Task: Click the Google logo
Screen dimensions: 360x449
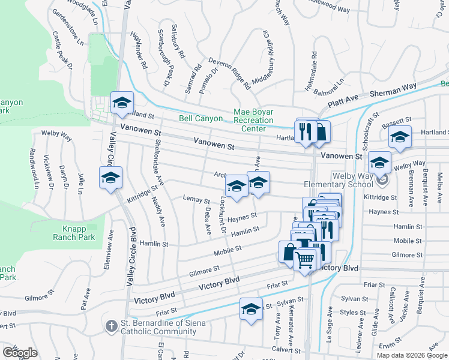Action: (x=20, y=352)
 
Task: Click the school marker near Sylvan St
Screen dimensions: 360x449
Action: (x=252, y=310)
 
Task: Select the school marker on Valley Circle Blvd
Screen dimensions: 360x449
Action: (x=111, y=178)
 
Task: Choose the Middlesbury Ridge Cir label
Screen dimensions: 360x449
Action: (x=270, y=57)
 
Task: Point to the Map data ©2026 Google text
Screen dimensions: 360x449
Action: (x=412, y=355)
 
